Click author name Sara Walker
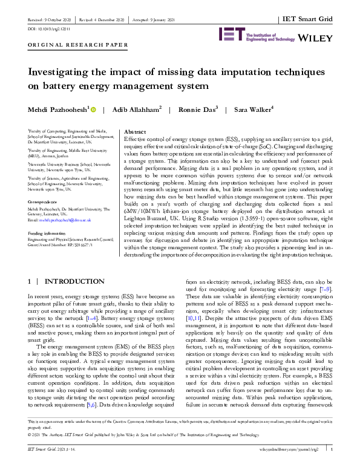232,110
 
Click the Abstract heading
135,131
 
